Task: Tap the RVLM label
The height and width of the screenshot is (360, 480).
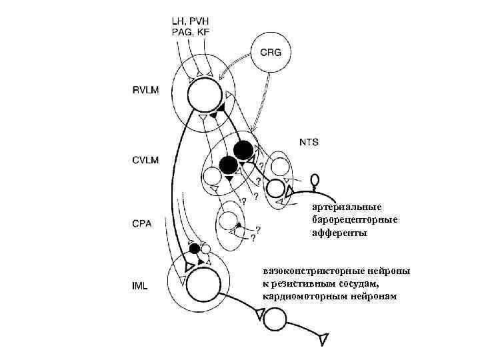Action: point(146,89)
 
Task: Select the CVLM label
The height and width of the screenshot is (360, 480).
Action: point(146,159)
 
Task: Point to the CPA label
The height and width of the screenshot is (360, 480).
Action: point(141,224)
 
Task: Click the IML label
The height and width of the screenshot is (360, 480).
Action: point(140,286)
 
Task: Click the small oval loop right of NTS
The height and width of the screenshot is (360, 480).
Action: point(315,179)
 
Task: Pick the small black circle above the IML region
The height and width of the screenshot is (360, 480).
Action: point(194,249)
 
